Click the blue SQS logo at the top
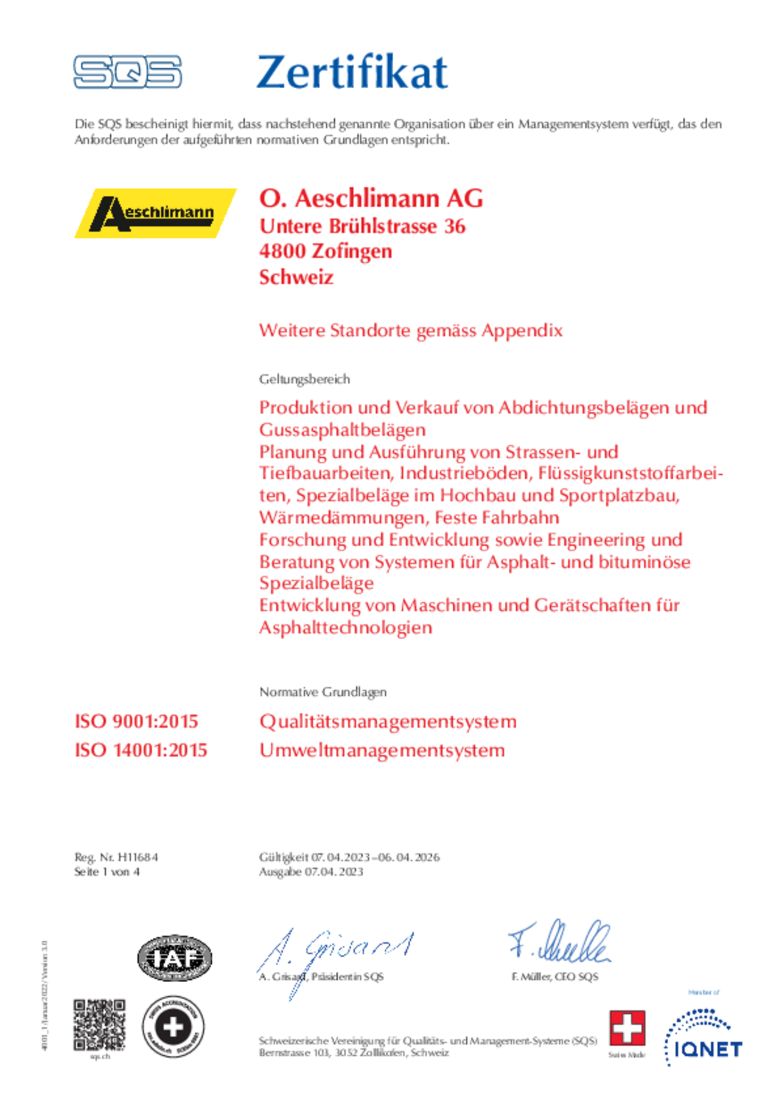pos(127,72)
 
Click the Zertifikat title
pos(352,72)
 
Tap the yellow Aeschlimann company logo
pos(155,213)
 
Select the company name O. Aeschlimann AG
pos(371,198)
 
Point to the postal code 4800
pos(282,251)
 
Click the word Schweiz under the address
pos(296,277)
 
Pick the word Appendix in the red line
pos(522,330)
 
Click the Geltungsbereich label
pos(304,379)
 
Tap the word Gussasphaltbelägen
pos(342,430)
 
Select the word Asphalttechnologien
pos(345,627)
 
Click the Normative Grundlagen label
pos(323,692)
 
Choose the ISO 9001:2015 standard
pos(136,721)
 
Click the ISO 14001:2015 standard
pos(141,750)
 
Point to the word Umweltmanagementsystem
pos(382,750)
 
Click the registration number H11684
pos(138,857)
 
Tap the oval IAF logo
pos(175,958)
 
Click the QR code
pos(100,1025)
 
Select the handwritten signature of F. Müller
pos(559,943)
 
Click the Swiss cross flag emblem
pos(627,1028)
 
